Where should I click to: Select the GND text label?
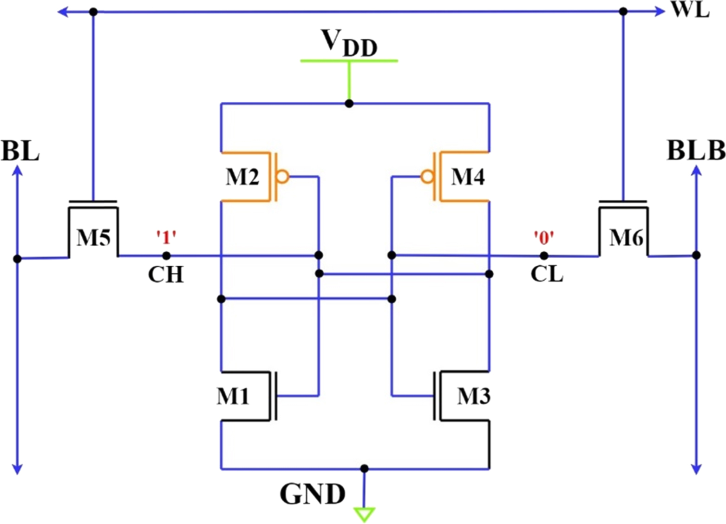[312, 494]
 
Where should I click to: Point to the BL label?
[20, 151]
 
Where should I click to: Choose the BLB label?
[696, 151]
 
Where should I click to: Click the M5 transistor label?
[93, 237]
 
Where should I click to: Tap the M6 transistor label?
[626, 237]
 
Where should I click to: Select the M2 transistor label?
[242, 177]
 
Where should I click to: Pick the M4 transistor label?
[468, 177]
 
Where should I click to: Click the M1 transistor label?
[233, 396]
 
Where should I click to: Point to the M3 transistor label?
[473, 396]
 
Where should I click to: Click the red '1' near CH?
[166, 238]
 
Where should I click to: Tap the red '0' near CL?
[543, 238]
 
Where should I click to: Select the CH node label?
[166, 275]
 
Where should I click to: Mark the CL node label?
[547, 275]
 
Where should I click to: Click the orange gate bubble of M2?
[282, 177]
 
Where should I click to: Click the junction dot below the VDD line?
[349, 104]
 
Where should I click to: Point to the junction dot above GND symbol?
[365, 468]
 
